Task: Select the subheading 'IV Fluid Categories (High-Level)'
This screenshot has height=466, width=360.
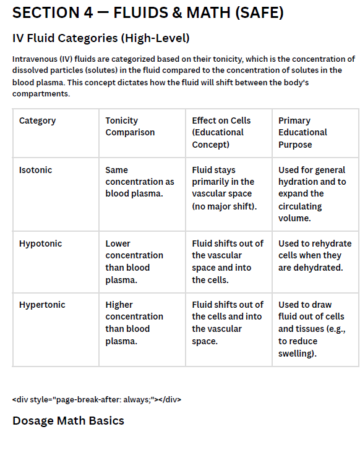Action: click(x=101, y=38)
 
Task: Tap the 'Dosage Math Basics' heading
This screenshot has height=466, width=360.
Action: click(x=68, y=421)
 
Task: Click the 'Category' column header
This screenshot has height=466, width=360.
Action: click(x=37, y=121)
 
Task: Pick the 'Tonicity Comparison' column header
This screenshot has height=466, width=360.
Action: click(x=130, y=126)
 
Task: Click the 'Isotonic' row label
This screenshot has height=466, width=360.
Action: click(x=36, y=170)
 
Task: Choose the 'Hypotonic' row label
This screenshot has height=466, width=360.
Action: click(x=40, y=244)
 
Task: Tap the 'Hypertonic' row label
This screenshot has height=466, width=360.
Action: click(x=42, y=305)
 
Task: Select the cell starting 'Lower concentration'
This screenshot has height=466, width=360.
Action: click(x=134, y=261)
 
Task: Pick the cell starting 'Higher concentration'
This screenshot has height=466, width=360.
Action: click(x=134, y=323)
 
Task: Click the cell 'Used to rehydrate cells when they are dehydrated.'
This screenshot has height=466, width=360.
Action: click(x=314, y=255)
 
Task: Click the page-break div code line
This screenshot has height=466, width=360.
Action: click(x=96, y=399)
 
